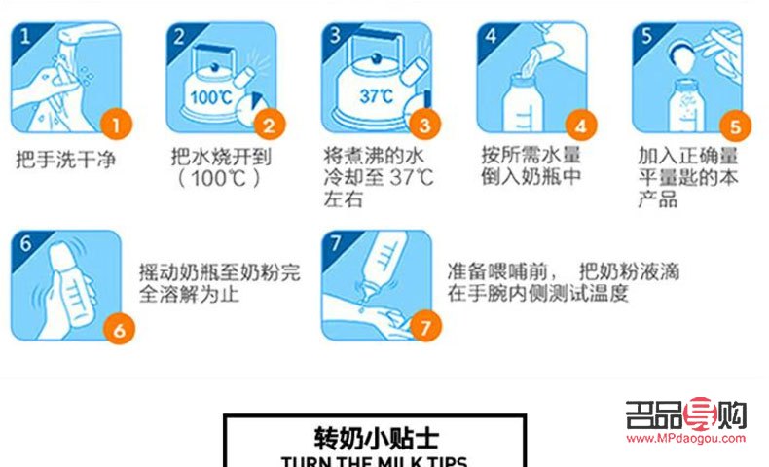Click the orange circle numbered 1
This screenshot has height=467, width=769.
(x=116, y=125)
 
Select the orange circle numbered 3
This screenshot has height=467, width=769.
(x=423, y=125)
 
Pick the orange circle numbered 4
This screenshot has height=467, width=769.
(x=580, y=126)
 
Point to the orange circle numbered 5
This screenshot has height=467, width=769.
(x=735, y=126)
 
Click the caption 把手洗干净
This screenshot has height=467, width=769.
(x=65, y=157)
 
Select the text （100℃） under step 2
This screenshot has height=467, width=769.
(x=219, y=179)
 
